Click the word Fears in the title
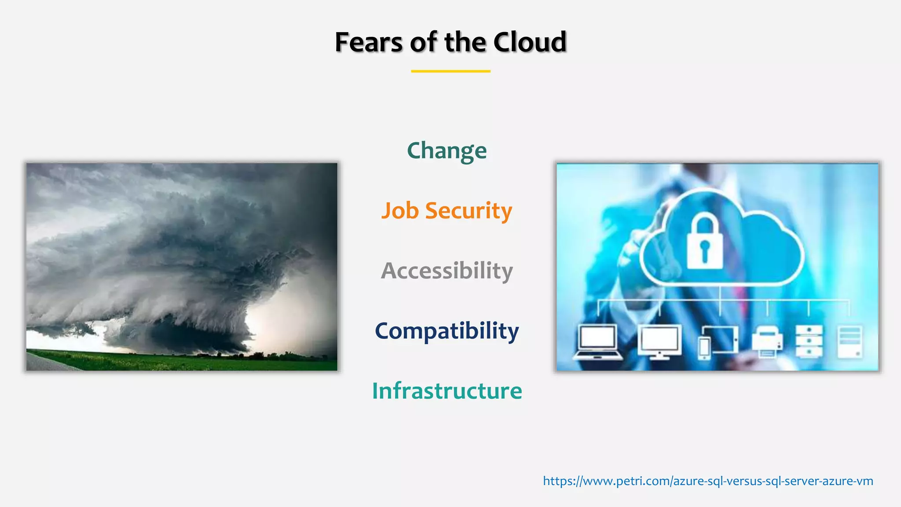[369, 42]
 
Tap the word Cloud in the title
[530, 42]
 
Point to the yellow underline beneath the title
[450, 71]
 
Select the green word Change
[447, 151]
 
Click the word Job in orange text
[399, 211]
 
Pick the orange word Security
[469, 211]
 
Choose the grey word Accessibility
[447, 270]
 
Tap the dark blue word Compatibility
[447, 331]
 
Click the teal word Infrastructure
[447, 391]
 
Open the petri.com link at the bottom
[707, 481]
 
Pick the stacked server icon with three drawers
[809, 341]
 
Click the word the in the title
[466, 42]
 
